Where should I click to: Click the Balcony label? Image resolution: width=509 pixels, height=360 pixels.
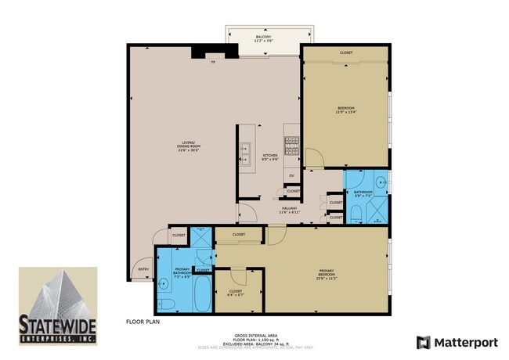point(264,39)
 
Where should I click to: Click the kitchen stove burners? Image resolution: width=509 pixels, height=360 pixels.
point(292,146)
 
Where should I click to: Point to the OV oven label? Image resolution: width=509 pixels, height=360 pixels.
point(291,175)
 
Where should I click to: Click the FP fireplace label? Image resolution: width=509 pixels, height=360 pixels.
point(212,63)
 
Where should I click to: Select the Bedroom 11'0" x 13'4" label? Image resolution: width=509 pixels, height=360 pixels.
point(346,109)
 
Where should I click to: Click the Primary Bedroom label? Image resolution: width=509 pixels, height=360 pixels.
point(327,273)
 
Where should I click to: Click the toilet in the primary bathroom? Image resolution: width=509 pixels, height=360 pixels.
point(165,303)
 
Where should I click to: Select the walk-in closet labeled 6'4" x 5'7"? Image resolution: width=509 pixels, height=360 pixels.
point(235,293)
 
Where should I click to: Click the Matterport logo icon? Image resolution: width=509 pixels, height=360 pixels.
point(424,342)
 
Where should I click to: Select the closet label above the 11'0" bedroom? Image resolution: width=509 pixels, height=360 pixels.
point(345,52)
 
